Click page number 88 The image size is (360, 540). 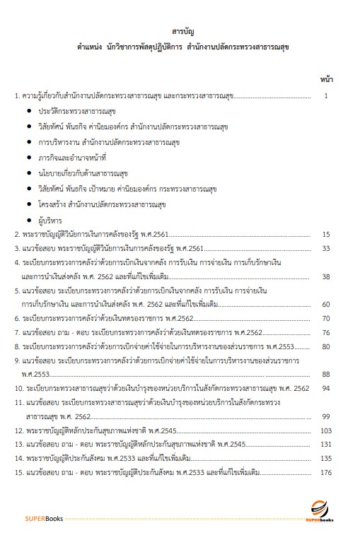(326, 375)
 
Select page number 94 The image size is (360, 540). (326, 388)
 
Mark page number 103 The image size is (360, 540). (326, 430)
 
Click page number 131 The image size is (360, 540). (326, 444)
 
